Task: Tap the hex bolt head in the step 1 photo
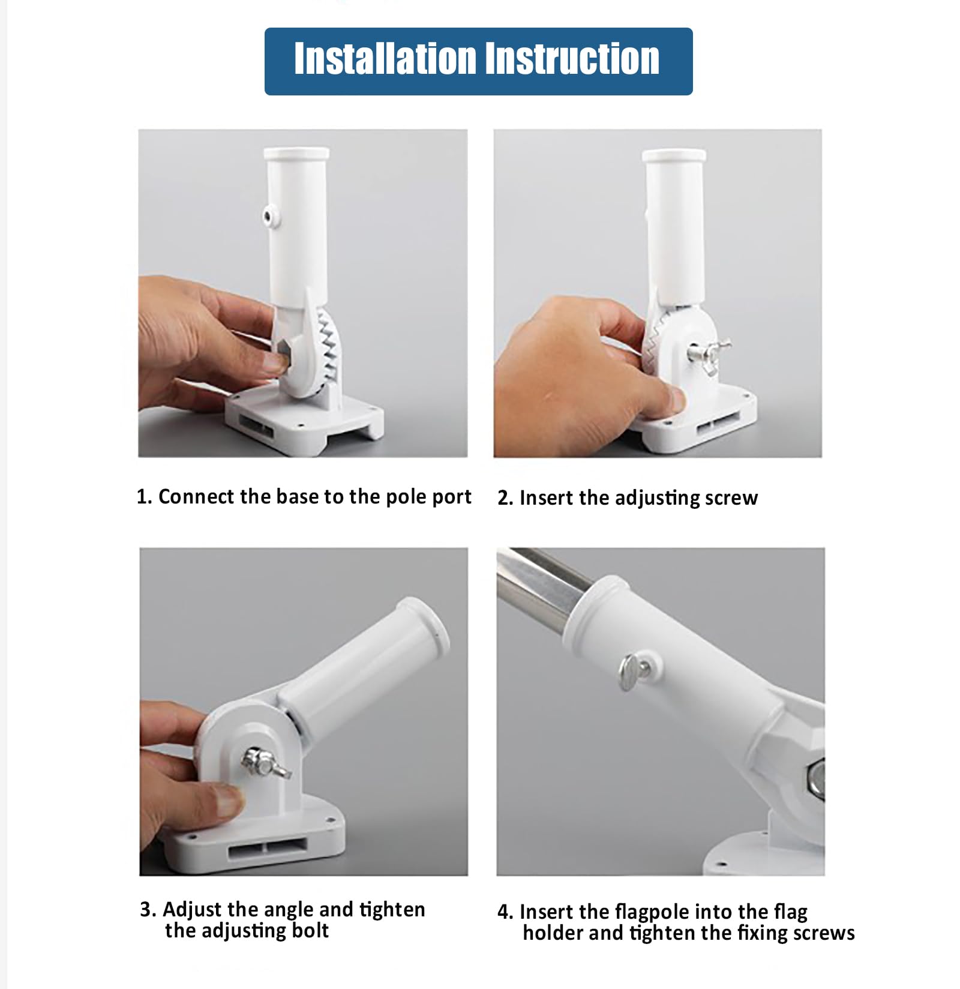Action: pos(283,354)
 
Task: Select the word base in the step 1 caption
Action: pos(297,497)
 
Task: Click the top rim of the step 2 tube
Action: pos(674,155)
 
